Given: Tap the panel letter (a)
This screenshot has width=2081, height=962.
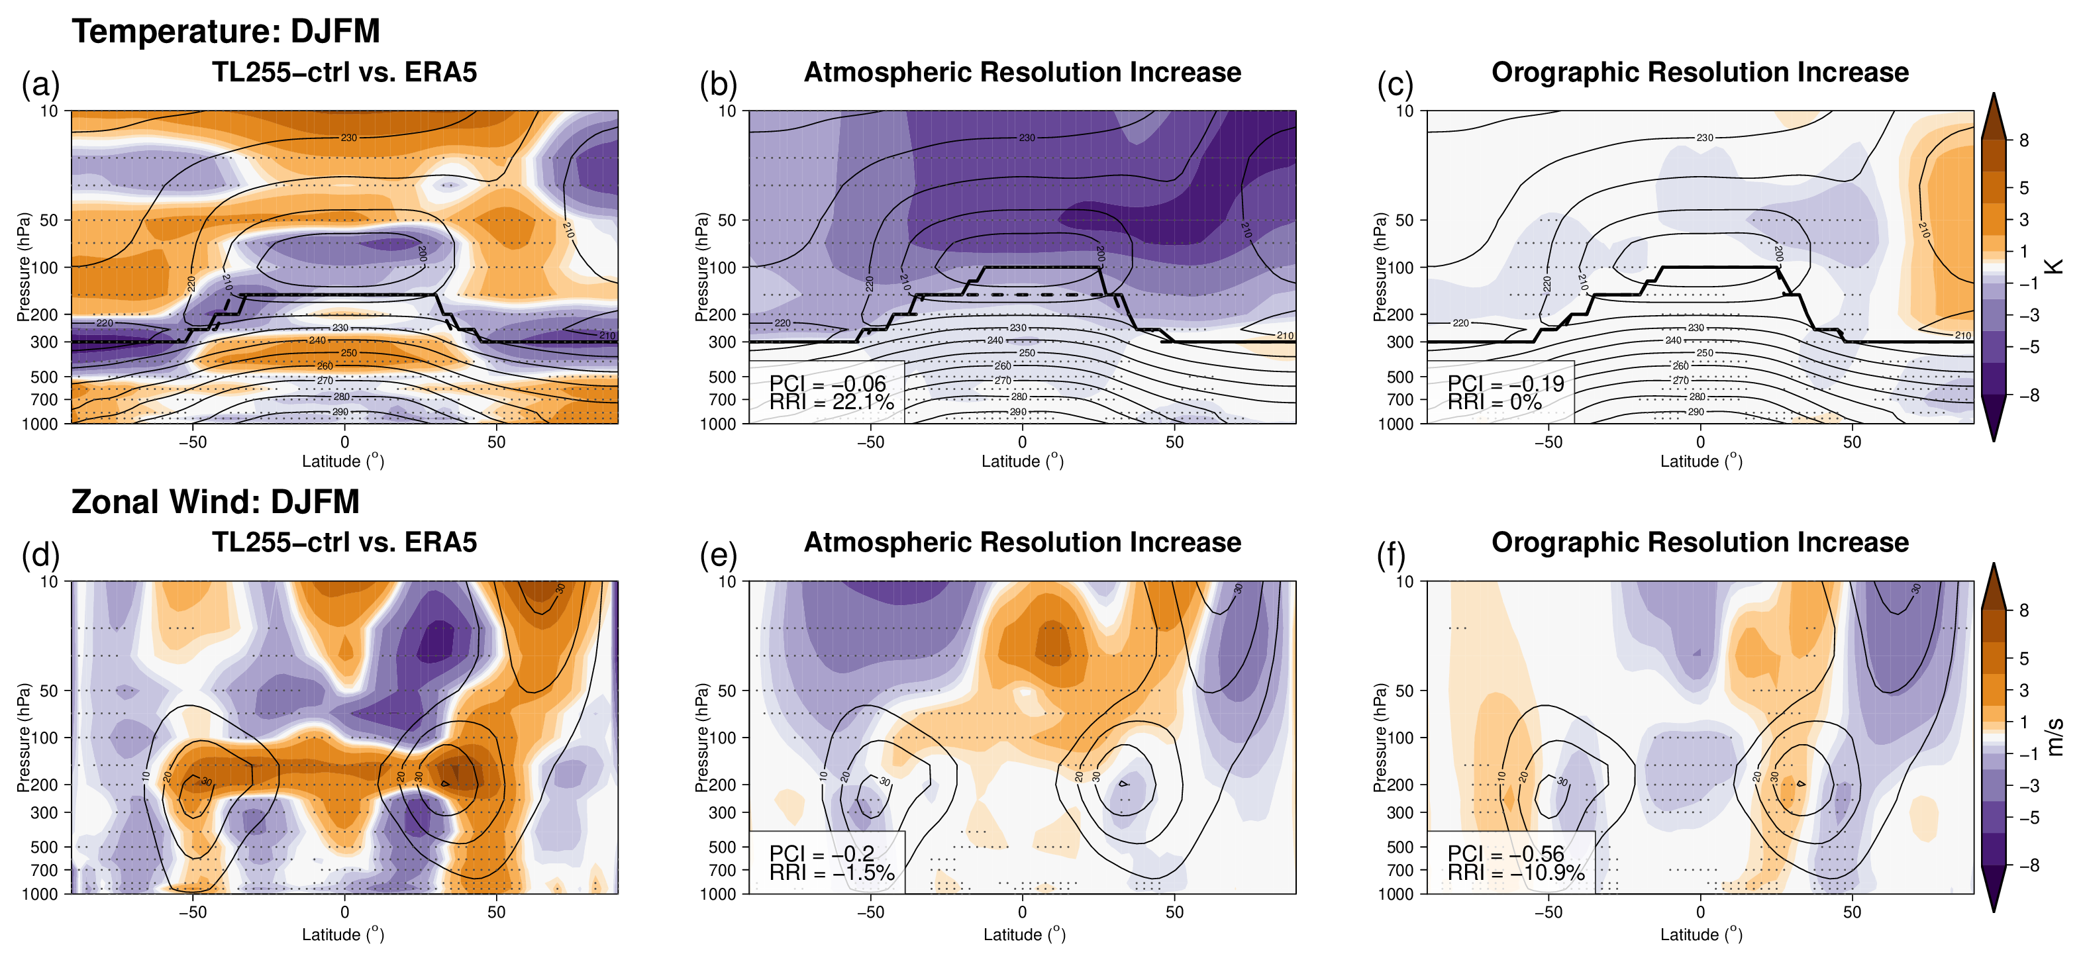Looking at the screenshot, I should tap(40, 84).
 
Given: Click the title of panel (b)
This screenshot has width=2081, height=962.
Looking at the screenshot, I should tap(1022, 73).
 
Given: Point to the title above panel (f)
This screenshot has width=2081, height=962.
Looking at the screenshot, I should tap(1700, 543).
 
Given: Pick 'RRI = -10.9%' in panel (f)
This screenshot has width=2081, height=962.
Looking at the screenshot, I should tap(1515, 873).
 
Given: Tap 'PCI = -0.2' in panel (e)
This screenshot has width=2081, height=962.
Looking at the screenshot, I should tap(821, 854).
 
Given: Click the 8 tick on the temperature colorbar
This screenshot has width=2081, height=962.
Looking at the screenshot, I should tap(2023, 140).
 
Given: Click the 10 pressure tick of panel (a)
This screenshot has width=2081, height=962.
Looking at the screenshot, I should tap(49, 111).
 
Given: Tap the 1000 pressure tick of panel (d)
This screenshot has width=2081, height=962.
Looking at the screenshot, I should tap(40, 893).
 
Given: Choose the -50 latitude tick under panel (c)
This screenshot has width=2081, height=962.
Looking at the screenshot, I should tap(1548, 442).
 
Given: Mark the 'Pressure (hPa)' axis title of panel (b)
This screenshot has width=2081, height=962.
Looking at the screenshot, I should tap(702, 267).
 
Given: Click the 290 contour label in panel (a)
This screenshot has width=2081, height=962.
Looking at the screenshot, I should tap(340, 412).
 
